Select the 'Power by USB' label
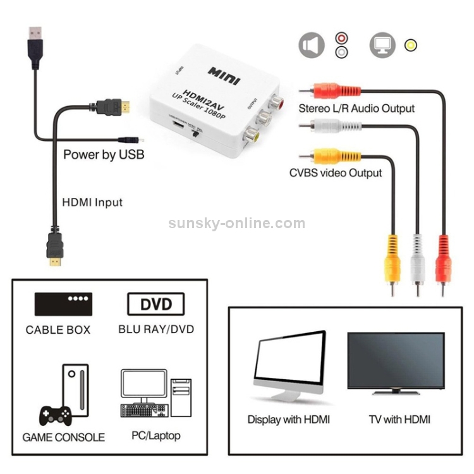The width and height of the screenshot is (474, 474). click(104, 154)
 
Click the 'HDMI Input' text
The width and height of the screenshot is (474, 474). click(92, 203)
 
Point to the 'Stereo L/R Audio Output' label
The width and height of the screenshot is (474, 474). click(356, 109)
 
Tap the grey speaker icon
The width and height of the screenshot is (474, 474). click(311, 46)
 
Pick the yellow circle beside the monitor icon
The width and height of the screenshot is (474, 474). click(411, 46)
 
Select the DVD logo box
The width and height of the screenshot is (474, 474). click(155, 304)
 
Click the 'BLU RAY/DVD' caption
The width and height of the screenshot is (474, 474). click(156, 329)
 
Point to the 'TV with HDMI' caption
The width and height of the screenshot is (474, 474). click(399, 419)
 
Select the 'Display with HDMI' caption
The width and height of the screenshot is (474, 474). click(288, 419)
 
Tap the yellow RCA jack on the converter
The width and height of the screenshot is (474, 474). click(253, 133)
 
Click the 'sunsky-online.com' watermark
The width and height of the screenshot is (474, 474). click(236, 224)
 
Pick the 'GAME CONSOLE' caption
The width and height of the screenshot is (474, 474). click(63, 437)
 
